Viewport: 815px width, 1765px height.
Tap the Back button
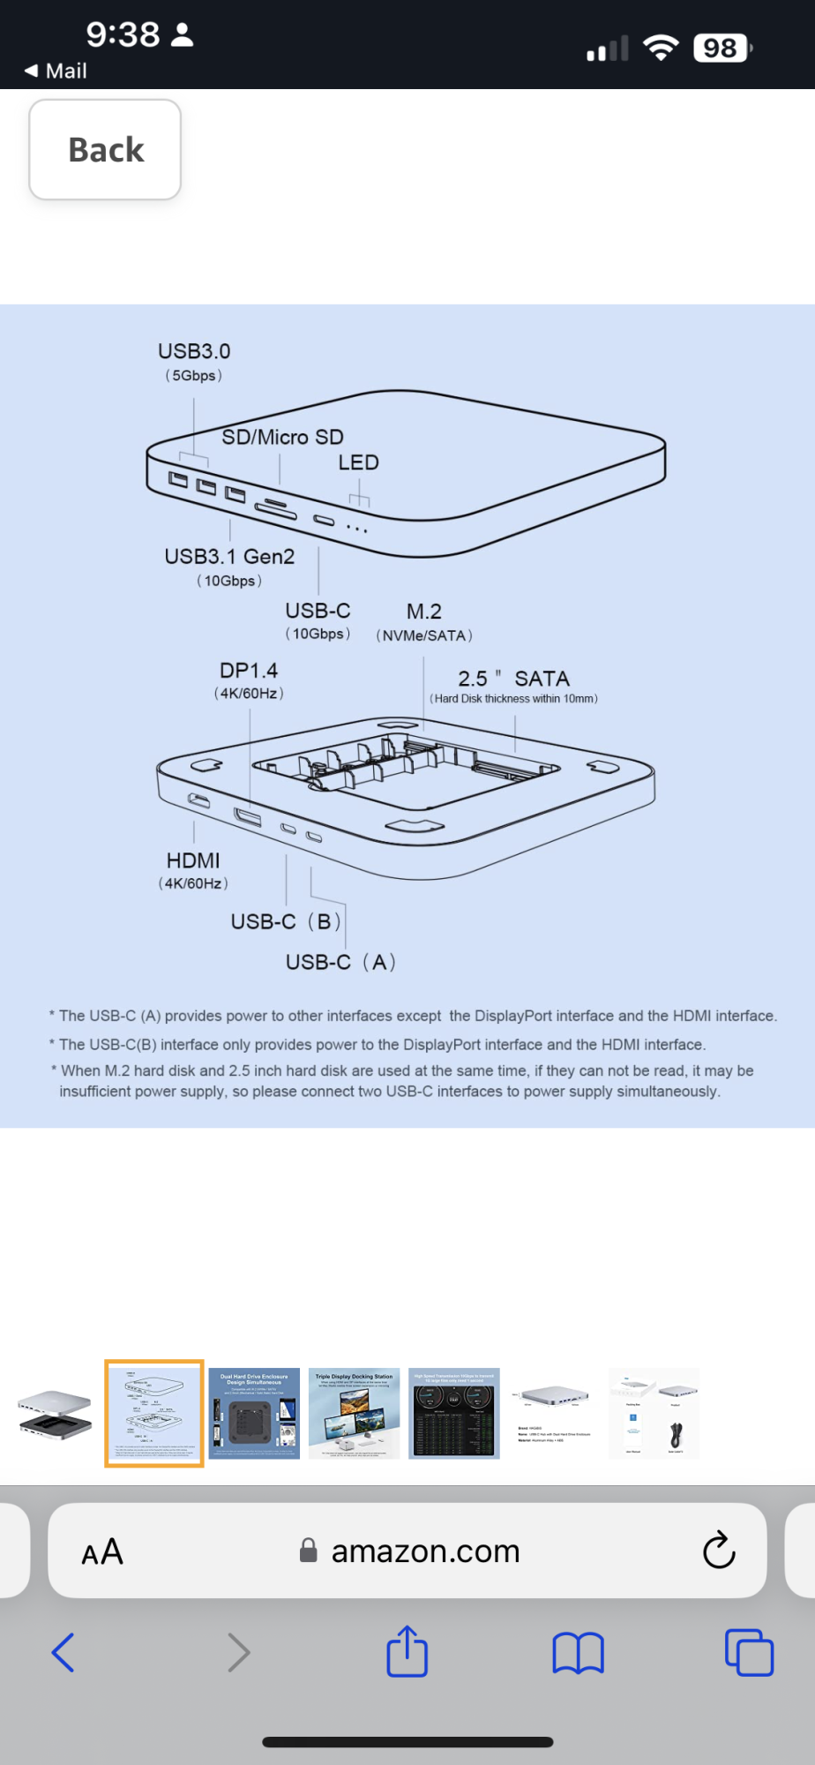[105, 149]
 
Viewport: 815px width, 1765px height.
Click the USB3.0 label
[194, 351]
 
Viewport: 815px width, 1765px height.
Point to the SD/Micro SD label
[282, 437]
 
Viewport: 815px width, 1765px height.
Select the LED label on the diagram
[358, 462]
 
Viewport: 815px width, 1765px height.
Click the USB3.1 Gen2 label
[229, 557]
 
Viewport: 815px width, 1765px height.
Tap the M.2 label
[424, 612]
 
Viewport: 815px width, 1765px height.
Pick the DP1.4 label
[249, 671]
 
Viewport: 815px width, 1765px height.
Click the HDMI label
[193, 860]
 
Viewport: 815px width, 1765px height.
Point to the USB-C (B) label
[286, 921]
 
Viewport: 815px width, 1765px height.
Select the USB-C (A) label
[340, 962]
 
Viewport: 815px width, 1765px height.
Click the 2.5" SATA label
[513, 679]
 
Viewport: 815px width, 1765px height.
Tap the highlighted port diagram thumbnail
[154, 1413]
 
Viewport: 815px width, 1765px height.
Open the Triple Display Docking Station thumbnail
[354, 1413]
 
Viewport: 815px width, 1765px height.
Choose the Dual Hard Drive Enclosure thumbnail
[254, 1413]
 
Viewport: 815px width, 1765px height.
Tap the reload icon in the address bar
[719, 1550]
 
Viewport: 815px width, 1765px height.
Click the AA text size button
[102, 1551]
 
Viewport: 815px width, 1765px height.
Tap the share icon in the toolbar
[407, 1651]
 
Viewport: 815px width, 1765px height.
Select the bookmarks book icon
[578, 1652]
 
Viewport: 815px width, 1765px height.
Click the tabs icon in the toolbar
[749, 1651]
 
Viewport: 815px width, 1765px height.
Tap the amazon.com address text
[425, 1551]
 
